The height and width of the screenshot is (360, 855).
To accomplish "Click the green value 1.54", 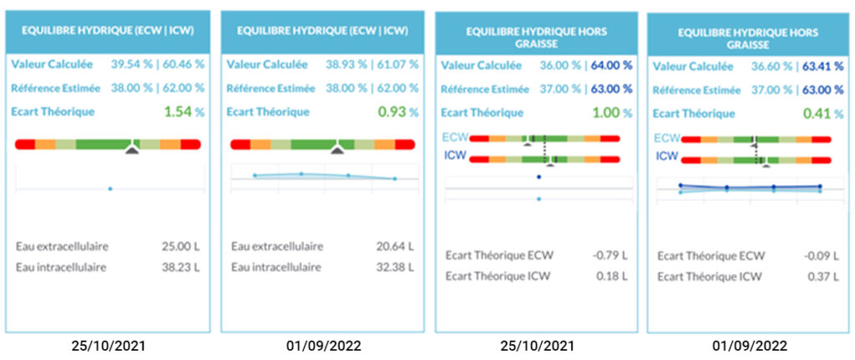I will point(178,111).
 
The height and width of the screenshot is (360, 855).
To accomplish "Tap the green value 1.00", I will point(607,112).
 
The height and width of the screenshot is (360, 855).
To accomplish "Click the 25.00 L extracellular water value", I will point(180,246).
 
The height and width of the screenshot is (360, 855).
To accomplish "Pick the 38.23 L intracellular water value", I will point(180,266).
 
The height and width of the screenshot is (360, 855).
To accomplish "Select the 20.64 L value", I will point(395,246).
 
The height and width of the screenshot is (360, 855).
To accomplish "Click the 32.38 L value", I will point(395,266).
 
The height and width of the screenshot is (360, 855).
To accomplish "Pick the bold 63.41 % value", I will point(824,66).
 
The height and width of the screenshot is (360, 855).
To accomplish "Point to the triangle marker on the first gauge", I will point(131,150).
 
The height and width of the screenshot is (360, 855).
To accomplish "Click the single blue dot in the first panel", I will point(110,189).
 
